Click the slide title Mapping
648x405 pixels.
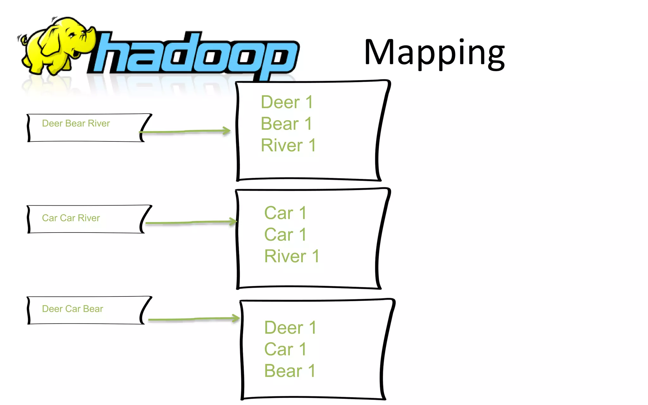[434, 53]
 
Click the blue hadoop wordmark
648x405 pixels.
[193, 54]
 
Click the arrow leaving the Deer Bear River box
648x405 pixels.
[187, 131]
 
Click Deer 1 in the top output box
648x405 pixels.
[287, 102]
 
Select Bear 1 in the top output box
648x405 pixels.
[286, 124]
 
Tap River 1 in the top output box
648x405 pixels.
[288, 145]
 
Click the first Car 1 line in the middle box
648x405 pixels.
[285, 213]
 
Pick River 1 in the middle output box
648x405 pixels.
[291, 256]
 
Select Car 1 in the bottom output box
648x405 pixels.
[285, 349]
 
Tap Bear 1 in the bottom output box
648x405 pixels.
[290, 371]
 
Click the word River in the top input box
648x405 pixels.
[99, 123]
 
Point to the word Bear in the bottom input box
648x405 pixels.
[93, 309]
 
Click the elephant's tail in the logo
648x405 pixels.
[22, 39]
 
